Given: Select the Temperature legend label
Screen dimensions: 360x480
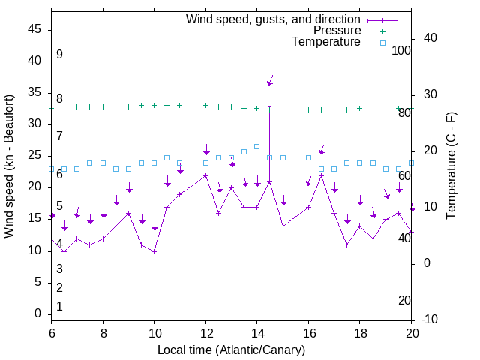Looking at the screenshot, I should coord(326,42).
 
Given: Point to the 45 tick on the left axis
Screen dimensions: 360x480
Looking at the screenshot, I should coord(34,29).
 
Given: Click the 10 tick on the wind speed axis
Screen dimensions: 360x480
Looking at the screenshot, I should coord(34,250).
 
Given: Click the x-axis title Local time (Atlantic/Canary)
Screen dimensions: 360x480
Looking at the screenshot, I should coord(232,349).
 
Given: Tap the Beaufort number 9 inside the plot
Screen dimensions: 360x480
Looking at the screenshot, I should coord(59,55).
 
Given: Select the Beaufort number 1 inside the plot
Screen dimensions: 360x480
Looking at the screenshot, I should coord(59,307).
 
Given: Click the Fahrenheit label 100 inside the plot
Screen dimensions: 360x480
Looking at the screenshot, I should coord(402,51).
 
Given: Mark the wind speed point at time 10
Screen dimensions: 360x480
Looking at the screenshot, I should coord(154,251).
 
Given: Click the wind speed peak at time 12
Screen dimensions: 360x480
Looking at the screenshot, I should coord(205,175).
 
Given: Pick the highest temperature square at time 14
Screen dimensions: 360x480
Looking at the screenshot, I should coord(256,146).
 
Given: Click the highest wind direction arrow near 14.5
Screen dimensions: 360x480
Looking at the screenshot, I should coord(270,80).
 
